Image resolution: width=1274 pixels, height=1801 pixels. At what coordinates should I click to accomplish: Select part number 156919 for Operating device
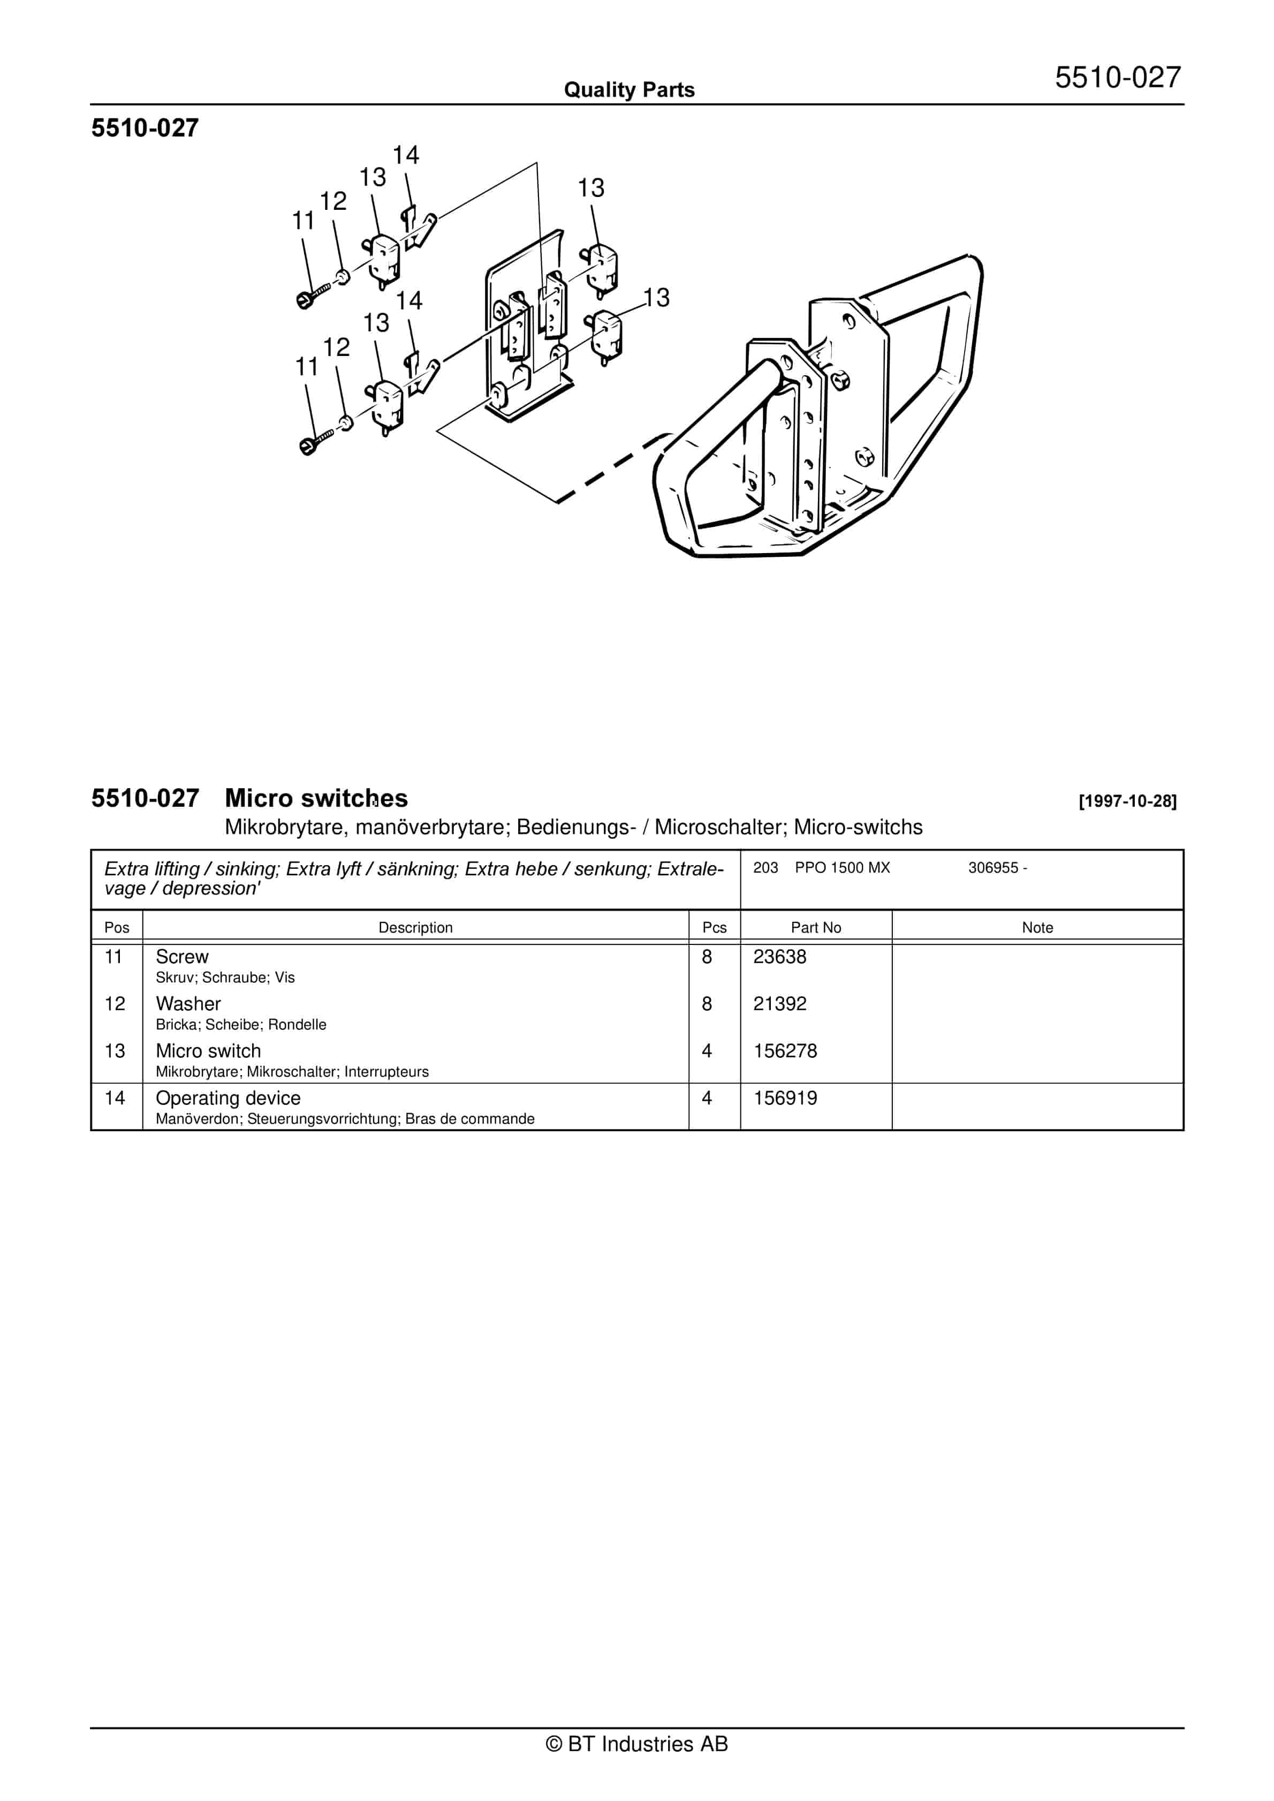(785, 1098)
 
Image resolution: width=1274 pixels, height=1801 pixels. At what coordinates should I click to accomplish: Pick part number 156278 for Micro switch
(785, 1051)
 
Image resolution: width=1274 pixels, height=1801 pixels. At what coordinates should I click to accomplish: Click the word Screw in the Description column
(182, 957)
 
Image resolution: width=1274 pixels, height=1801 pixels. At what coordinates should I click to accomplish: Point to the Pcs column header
(714, 927)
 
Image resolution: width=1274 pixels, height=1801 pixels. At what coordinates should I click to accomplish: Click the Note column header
(1037, 927)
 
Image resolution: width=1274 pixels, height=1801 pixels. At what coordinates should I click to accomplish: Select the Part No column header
(815, 927)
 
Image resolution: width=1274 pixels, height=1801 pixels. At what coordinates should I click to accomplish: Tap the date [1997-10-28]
(1127, 801)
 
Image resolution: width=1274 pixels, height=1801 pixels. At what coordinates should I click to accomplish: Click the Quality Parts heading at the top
(629, 90)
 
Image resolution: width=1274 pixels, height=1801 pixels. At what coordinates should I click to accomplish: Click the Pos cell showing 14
(115, 1098)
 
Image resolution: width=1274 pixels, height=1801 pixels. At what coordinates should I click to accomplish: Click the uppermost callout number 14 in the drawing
(406, 155)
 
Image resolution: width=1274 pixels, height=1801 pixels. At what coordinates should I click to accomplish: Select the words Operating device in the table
(227, 1098)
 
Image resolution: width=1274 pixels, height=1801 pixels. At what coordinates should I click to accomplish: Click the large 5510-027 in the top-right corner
(1117, 78)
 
